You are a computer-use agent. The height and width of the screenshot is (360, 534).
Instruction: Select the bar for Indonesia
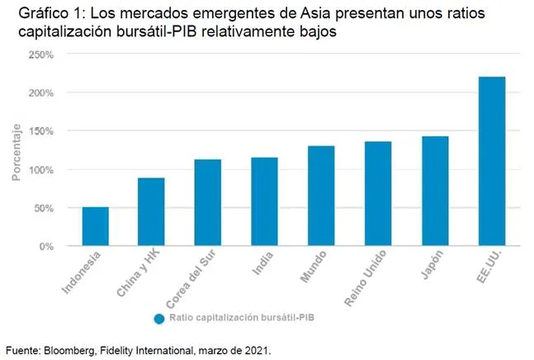tap(95, 226)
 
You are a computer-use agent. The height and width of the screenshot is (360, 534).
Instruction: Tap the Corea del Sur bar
tap(208, 202)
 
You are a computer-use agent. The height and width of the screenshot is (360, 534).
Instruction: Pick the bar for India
tap(265, 201)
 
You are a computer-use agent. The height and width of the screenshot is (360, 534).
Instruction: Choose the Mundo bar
tap(321, 196)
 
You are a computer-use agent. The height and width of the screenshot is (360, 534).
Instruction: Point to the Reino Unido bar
tap(378, 193)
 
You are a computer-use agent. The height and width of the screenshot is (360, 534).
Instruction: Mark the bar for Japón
tap(435, 191)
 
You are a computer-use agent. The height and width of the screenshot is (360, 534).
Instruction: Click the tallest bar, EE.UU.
tap(492, 161)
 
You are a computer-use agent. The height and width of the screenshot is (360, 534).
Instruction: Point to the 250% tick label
tap(41, 54)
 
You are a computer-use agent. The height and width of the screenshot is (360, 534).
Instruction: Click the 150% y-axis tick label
tap(41, 131)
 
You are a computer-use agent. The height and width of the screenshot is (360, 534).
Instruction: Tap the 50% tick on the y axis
tap(44, 208)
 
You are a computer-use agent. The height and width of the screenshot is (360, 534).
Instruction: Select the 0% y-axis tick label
tap(46, 246)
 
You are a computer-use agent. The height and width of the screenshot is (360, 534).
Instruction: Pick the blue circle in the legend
tap(158, 319)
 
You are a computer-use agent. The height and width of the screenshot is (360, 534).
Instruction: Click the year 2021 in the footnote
tap(258, 350)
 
